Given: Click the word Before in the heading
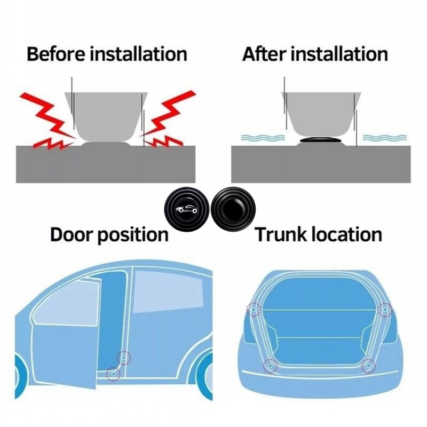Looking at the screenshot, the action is pos(56,54).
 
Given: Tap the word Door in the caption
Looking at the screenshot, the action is pos(72,234).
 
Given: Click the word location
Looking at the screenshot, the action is pos(347,234).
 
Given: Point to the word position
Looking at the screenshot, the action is pos(133,235).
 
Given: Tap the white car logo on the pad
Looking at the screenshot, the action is pos(187,209).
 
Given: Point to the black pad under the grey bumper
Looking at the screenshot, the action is pos(320,140).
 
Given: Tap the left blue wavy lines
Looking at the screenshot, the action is pos(263,137).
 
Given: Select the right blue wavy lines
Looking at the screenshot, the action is pos(385,137).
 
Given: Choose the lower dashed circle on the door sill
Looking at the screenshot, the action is pos(113,374).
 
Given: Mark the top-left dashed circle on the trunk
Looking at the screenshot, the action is pos(254,310).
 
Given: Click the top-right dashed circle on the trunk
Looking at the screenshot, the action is pos(385,310).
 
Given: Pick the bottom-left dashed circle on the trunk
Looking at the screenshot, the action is pos(270,366).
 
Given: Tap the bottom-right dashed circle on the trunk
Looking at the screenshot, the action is pos(368,366).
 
